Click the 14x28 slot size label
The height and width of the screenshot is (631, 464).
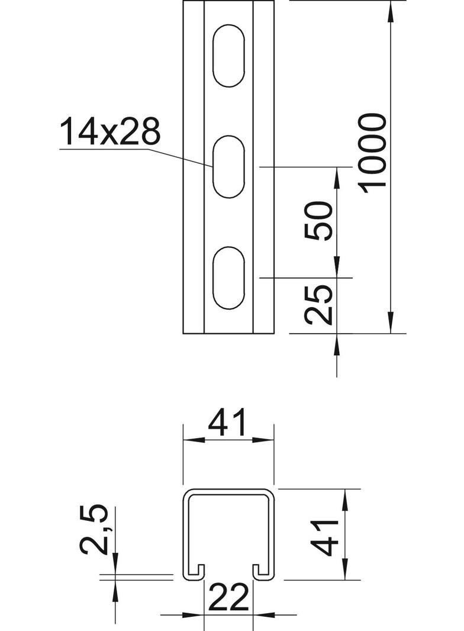110,132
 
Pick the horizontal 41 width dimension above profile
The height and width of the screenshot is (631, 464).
229,424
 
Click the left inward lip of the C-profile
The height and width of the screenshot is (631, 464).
199,571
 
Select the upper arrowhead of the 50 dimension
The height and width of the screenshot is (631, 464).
337,175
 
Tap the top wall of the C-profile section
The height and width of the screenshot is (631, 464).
228,491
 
